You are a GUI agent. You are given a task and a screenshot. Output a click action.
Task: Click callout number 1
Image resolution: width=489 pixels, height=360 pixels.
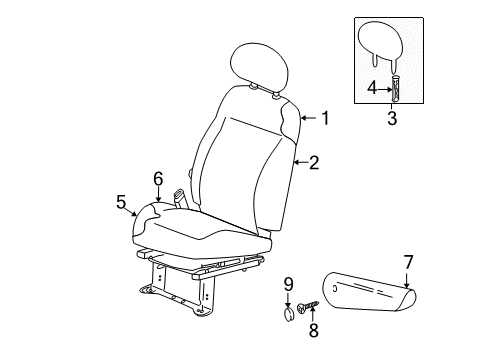(324, 118)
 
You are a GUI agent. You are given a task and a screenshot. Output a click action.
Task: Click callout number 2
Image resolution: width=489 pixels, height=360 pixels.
(314, 161)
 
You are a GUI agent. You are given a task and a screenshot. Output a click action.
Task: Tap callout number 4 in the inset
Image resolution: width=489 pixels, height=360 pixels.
(372, 88)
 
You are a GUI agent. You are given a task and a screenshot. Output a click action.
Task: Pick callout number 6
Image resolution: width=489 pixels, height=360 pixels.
(158, 178)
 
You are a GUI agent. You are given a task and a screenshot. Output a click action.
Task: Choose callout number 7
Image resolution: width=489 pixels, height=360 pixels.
(407, 261)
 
